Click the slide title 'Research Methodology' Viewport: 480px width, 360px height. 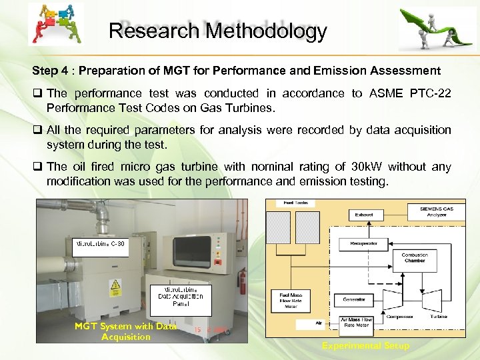[217, 31]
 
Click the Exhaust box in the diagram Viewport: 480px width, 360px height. [364, 215]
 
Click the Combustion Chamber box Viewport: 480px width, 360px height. [415, 258]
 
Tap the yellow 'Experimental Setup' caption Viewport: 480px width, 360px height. [365, 345]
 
